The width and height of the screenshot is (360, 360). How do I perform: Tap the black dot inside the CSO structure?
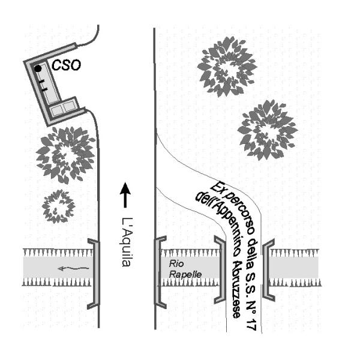click(x=38, y=68)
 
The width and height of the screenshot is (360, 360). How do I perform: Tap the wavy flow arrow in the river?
click(x=70, y=268)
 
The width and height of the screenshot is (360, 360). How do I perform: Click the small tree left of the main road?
click(x=58, y=206)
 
